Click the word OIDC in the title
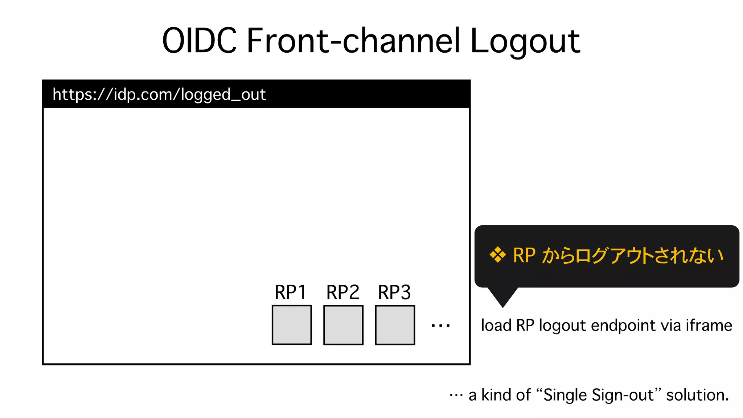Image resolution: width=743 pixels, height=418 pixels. pos(199,40)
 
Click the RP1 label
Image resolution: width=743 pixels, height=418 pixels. pos(291,292)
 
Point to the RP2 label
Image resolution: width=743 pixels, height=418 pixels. pos(343,292)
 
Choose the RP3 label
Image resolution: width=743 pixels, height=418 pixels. pos(394,292)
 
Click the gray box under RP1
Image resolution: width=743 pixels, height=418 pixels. pos(292,325)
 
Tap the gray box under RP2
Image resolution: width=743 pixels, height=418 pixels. pos(343,325)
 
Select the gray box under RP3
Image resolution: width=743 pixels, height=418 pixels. pos(395,325)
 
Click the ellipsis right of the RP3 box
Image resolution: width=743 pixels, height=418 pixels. pos(440,325)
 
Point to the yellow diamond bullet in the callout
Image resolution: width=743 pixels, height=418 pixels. pos(498,255)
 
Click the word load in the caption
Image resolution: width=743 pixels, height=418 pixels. pos(496,325)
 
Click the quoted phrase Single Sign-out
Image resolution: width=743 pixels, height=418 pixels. pos(598,395)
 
